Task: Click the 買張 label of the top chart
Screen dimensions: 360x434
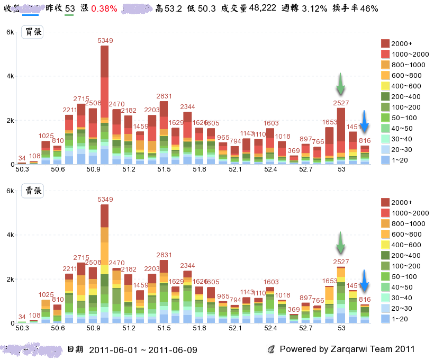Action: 32,32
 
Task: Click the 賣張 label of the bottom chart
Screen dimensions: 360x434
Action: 32,191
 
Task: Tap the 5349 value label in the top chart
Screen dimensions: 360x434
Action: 105,41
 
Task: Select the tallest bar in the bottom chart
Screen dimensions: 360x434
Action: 105,263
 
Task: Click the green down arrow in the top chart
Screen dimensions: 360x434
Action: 340,83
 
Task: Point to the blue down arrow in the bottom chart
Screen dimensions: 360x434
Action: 364,281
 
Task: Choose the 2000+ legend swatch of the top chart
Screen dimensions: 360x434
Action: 385,43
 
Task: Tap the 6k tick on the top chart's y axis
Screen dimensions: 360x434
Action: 10,32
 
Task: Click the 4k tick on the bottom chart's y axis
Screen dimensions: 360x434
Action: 10,235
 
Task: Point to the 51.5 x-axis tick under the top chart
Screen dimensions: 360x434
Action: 164,169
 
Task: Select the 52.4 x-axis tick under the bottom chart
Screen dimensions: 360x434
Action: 270,328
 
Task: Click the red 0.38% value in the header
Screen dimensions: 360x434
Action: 104,9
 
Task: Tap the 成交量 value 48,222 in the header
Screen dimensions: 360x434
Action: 263,9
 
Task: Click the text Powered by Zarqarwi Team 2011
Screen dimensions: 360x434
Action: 347,349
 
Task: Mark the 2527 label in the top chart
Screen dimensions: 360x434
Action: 341,103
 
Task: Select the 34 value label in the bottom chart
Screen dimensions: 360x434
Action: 22,317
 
